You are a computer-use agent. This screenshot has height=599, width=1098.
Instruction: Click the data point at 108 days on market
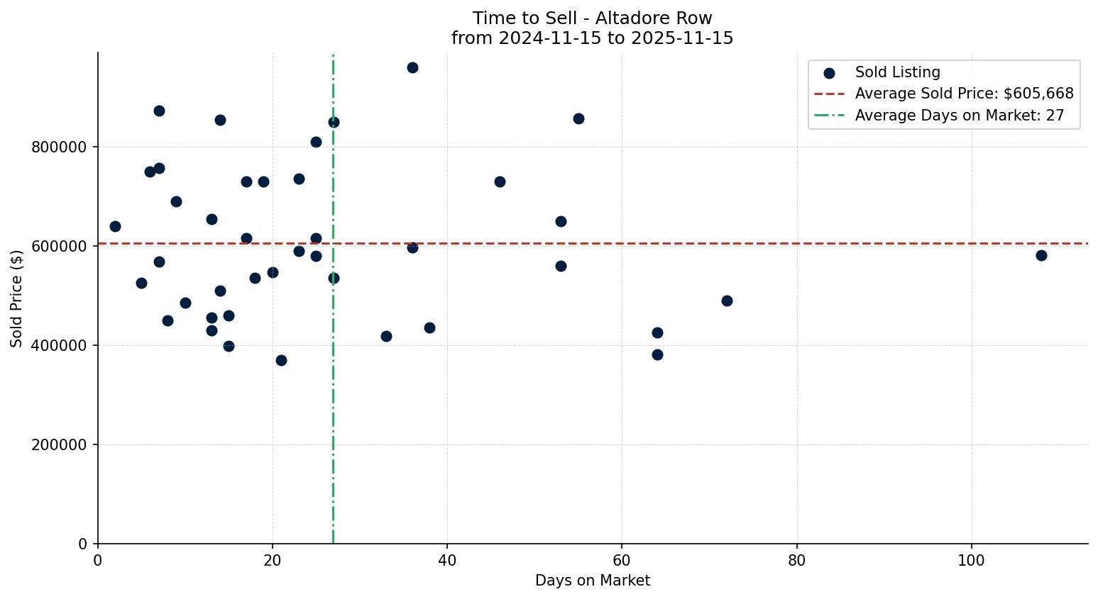[1041, 255]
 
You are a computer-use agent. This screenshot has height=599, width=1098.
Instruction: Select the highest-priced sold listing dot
[412, 67]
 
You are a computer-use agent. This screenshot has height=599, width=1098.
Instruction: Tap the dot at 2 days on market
[115, 226]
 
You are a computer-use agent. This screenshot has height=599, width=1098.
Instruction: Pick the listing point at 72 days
[727, 301]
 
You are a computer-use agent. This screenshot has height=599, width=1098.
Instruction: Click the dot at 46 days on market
[500, 181]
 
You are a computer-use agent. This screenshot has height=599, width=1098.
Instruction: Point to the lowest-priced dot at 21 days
[281, 360]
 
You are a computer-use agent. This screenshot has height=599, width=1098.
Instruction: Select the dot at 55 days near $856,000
[578, 118]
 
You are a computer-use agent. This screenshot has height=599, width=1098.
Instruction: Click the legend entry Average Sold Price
[964, 94]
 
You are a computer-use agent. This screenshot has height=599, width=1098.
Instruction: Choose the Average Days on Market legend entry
[959, 116]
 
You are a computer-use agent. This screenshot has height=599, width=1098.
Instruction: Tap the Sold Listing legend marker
[829, 73]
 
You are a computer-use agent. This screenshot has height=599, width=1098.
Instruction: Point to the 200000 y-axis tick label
[60, 445]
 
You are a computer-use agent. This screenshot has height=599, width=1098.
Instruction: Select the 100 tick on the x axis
[972, 560]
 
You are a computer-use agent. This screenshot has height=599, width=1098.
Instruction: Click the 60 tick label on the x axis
[622, 560]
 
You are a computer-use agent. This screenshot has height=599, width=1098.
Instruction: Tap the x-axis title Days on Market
[593, 581]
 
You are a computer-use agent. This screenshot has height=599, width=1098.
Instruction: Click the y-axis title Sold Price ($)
[16, 298]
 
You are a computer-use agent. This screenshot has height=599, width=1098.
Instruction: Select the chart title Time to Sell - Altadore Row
[592, 18]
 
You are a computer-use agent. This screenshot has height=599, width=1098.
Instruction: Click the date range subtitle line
[592, 38]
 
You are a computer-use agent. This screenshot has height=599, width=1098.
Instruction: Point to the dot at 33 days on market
[386, 336]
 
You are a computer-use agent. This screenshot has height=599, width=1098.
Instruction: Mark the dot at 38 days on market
[429, 328]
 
